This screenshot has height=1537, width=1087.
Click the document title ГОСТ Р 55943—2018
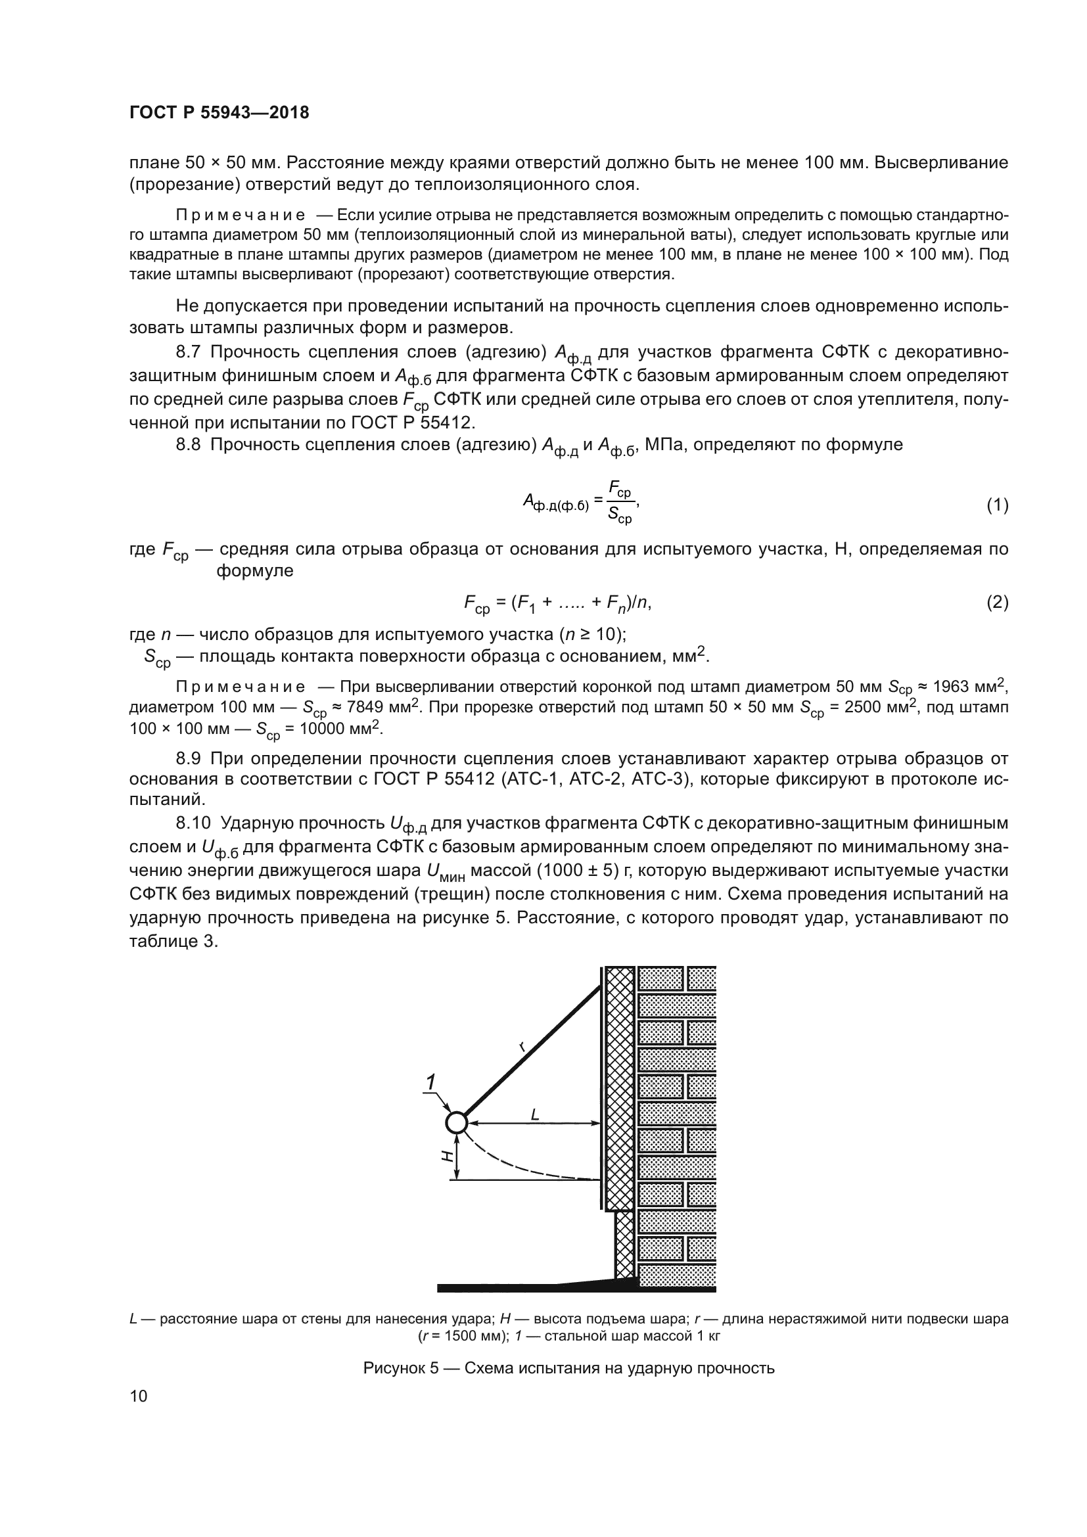[x=219, y=112]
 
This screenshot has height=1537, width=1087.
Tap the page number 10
[x=139, y=1396]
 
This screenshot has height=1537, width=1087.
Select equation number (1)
[x=997, y=505]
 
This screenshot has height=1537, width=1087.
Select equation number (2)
[x=997, y=603]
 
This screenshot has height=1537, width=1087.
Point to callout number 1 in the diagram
[x=432, y=1082]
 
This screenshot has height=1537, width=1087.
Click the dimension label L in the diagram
[x=535, y=1114]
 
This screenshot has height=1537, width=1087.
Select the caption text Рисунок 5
[x=400, y=1367]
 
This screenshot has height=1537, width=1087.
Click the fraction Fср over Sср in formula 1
[x=619, y=502]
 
